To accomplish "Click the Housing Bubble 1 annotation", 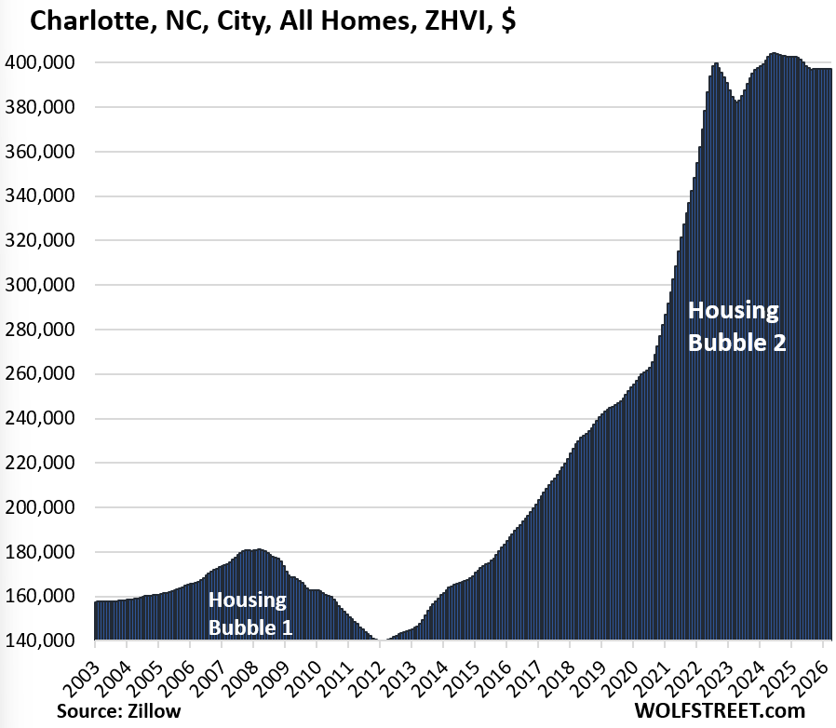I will [x=249, y=613].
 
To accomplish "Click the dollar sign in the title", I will [x=508, y=20].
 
